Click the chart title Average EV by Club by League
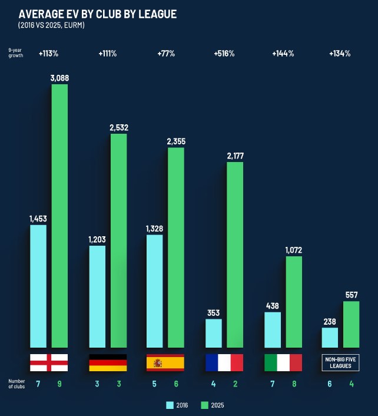pos(97,14)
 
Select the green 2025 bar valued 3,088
pos(59,216)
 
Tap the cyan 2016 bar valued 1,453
pos(38,286)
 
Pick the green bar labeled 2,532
pos(118,240)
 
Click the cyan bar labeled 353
pos(213,333)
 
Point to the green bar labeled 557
pos(351,324)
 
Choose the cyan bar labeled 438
pos(273,329)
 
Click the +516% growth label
pos(224,54)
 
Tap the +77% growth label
pos(166,54)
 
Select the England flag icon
pos(49,362)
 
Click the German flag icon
pos(108,362)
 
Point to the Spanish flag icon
pos(165,362)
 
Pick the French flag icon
pos(224,362)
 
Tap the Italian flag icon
pos(283,362)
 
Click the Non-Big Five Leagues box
pos(340,362)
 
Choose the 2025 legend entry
pos(213,405)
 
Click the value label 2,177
pos(234,156)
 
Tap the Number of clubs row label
pos(16,384)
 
